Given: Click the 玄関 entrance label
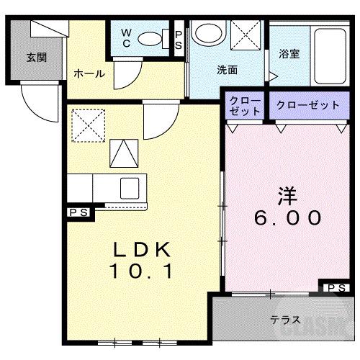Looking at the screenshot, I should (x=37, y=58).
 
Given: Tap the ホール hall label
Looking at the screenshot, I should (x=89, y=73).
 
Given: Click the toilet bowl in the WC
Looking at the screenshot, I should (x=152, y=39).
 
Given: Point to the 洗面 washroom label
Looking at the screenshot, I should (x=228, y=70).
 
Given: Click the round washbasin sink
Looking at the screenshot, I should (x=209, y=33).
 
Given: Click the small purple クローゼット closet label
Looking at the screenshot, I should (x=246, y=106).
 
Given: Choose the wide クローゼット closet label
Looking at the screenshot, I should (x=307, y=105).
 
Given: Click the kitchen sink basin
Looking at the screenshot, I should (x=130, y=186).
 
